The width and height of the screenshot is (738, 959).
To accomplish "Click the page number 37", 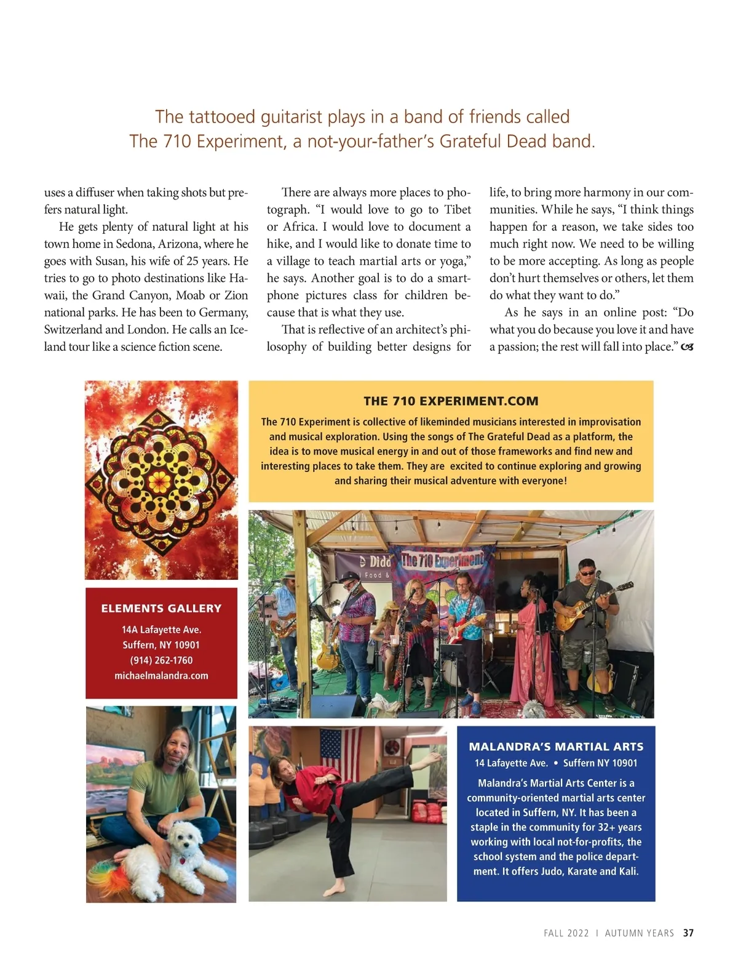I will pos(688,933).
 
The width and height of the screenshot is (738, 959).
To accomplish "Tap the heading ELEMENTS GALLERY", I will pos(161,608).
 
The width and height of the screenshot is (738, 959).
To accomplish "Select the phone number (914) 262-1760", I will pos(161,660).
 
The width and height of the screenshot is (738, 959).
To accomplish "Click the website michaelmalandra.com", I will pos(161,675).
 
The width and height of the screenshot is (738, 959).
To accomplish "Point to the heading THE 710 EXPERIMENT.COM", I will pos(451,401).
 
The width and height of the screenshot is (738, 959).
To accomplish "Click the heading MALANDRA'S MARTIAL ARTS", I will pos(556,747).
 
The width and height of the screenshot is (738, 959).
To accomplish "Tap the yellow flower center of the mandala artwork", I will pos(159,479).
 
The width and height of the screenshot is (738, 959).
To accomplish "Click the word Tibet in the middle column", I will pos(458,209).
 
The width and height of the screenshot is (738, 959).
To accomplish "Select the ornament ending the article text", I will pos(687,347).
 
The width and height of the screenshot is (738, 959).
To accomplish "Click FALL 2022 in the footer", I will pos(566,933).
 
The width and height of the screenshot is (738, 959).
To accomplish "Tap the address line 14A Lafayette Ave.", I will pos(161,630).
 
